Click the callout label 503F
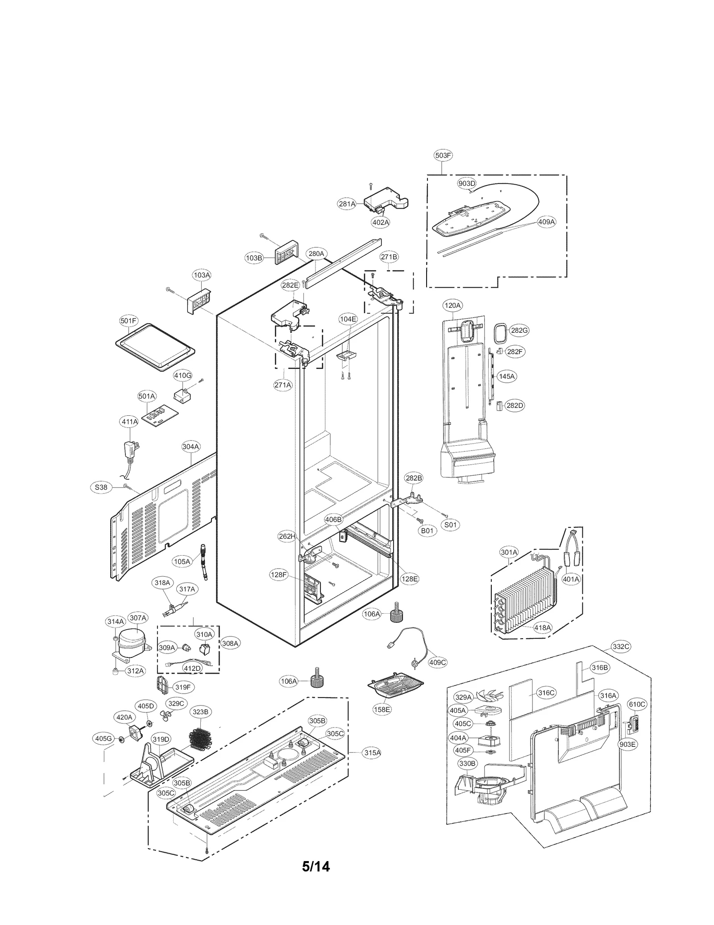point(443,155)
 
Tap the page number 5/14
point(316,866)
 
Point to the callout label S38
point(101,487)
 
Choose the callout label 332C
point(621,646)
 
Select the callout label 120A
point(452,306)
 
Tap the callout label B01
point(427,531)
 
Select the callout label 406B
point(333,519)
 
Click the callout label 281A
point(347,204)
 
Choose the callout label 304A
point(191,446)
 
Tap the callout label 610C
point(637,704)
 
